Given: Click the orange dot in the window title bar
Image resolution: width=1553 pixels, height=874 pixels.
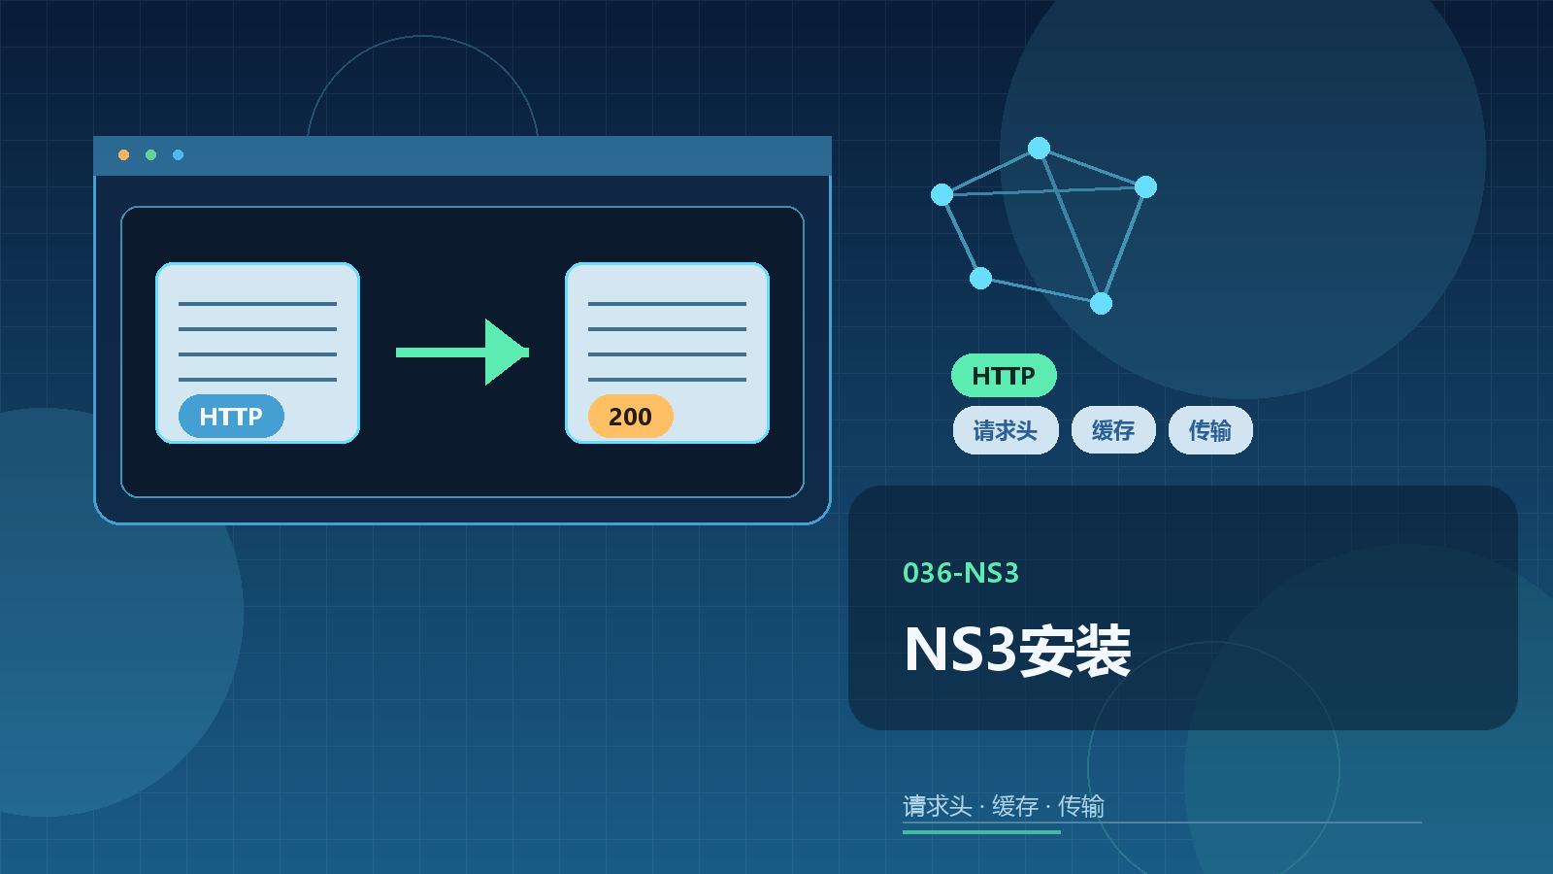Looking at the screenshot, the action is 123,154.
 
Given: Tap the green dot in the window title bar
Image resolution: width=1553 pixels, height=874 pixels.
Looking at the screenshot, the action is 150,154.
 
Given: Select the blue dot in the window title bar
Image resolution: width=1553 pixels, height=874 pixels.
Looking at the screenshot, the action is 179,154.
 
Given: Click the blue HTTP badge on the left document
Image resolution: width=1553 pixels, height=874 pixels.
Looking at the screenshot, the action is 231,417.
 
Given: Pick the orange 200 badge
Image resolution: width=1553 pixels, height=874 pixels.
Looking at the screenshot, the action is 630,417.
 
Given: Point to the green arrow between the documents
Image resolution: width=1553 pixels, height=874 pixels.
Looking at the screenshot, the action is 462,353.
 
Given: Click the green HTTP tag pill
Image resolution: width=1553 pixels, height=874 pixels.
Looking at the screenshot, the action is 1004,375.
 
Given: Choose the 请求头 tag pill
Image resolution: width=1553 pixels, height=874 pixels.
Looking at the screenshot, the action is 1006,430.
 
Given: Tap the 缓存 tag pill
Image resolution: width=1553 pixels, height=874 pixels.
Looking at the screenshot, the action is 1113,430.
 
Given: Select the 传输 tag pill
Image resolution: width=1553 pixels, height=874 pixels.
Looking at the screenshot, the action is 1210,430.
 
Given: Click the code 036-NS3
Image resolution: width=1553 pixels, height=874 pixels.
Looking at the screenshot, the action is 961,573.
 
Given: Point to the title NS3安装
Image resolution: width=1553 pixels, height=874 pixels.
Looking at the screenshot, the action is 1017,650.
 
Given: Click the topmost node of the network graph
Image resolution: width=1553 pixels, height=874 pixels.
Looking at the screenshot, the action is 1039,148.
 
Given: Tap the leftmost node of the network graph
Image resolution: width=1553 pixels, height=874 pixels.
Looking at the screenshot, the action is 942,195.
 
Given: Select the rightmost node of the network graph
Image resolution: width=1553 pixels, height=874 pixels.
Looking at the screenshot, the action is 1146,186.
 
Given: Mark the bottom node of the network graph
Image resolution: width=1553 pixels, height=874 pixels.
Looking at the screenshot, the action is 1101,303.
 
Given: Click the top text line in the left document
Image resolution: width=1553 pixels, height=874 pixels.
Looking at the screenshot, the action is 257,304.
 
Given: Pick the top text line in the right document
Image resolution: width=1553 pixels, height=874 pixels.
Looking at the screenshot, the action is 667,304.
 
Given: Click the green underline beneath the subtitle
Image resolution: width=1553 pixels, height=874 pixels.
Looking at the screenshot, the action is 981,831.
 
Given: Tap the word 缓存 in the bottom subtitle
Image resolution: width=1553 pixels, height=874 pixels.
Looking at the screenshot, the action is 1015,806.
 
